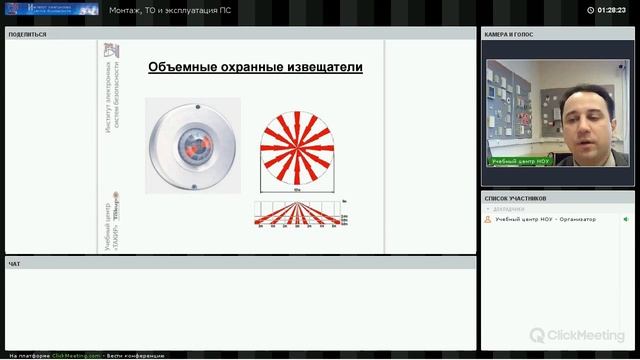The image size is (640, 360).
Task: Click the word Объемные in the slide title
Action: click(x=180, y=68)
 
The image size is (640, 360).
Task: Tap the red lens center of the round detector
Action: click(x=193, y=146)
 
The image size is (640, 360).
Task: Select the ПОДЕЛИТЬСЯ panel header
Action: click(x=27, y=34)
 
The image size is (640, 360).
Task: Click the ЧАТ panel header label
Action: click(x=14, y=264)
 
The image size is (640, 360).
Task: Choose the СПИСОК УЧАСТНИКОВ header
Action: click(x=518, y=198)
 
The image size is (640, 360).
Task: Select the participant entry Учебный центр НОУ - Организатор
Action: click(x=545, y=219)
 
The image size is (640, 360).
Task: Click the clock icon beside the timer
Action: click(x=591, y=10)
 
